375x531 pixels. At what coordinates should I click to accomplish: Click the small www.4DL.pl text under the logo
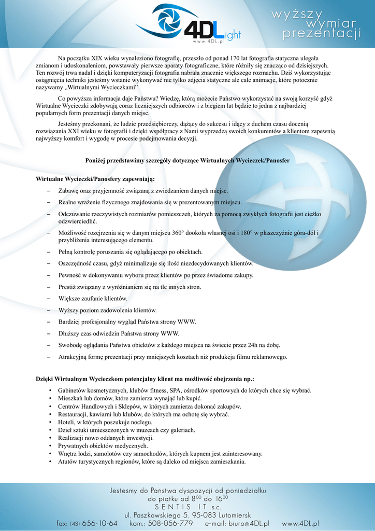[x=208, y=41]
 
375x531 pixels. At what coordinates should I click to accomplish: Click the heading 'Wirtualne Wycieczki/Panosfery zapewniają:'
[x=95, y=179]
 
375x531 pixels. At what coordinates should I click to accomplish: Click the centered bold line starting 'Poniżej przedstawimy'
[x=187, y=161]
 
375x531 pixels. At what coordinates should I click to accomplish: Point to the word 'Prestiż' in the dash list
[x=68, y=287]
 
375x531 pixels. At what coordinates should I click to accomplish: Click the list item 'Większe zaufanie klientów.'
[x=93, y=299]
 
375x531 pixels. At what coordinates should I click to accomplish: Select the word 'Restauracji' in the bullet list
[x=73, y=414]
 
